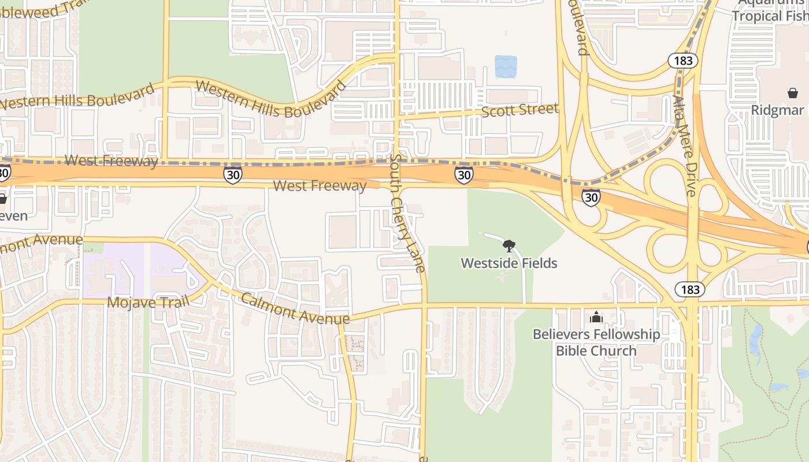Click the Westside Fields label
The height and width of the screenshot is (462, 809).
[509, 263]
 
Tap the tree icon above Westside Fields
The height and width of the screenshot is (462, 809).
[509, 247]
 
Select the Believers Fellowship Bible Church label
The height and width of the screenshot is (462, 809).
[596, 342]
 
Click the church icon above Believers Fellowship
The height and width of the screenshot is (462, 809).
[596, 317]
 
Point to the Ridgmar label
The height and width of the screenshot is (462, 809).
[777, 110]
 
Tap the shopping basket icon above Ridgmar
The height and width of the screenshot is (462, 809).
[792, 93]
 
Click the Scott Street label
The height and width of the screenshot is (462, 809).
[519, 109]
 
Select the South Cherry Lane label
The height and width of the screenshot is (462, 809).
[407, 213]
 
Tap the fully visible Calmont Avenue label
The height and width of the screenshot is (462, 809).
[295, 309]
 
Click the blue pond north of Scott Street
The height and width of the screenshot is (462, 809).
[506, 66]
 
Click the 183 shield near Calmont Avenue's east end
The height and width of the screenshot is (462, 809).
[689, 289]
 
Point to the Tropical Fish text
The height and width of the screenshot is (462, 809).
[770, 16]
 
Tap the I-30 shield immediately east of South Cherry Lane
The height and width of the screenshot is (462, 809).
[463, 175]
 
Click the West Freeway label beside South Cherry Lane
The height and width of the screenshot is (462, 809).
[320, 185]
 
